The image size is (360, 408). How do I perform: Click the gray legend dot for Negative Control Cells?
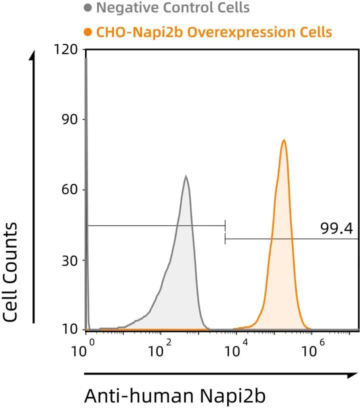(88, 8)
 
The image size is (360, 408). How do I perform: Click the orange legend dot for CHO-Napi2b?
(88, 33)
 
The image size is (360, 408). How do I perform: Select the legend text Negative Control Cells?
(172, 8)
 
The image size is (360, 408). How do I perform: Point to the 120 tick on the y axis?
(68, 49)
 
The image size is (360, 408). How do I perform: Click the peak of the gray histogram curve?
(186, 176)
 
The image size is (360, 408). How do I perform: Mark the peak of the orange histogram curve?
(283, 140)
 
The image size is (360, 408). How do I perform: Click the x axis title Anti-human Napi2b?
(175, 395)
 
